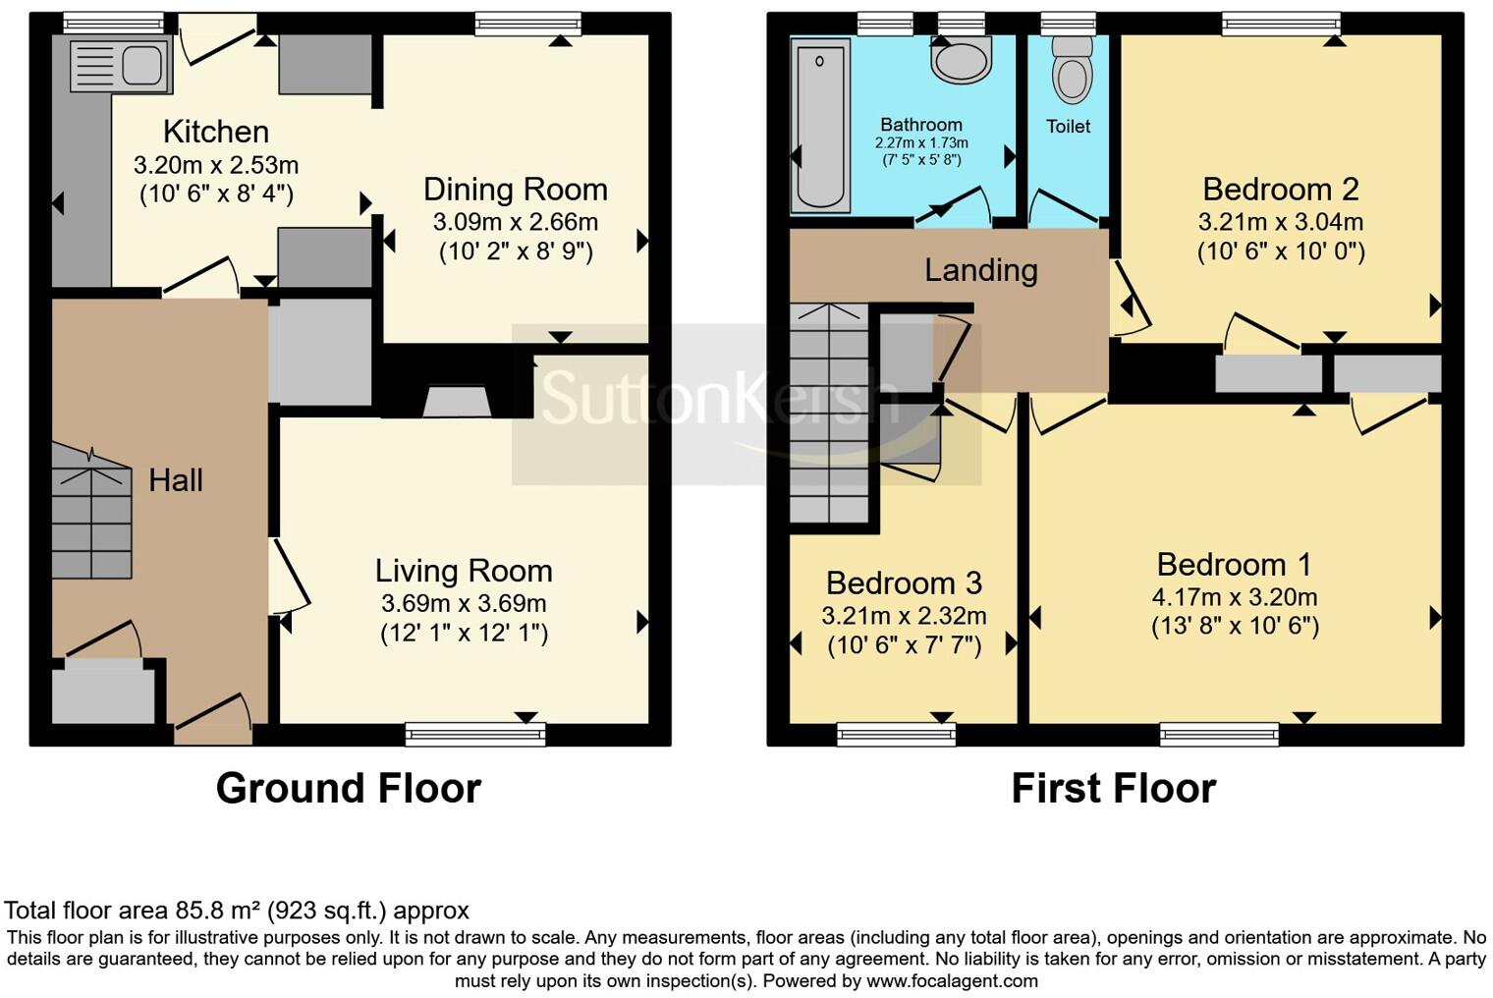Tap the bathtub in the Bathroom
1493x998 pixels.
(820, 125)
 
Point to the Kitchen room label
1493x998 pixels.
(216, 132)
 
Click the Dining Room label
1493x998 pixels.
(515, 190)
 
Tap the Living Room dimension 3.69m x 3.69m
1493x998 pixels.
(464, 603)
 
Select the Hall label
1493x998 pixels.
(176, 480)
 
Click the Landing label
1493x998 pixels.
(980, 270)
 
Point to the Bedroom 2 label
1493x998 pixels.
(1280, 189)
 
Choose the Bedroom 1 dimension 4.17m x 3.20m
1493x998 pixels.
(1235, 596)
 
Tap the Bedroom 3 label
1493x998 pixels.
(904, 583)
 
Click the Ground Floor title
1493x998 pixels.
(348, 788)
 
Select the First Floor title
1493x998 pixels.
(1113, 788)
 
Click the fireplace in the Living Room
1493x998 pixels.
(457, 402)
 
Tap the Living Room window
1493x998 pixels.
(475, 734)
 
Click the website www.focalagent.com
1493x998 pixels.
(951, 980)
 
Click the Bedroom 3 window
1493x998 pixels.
(896, 734)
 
